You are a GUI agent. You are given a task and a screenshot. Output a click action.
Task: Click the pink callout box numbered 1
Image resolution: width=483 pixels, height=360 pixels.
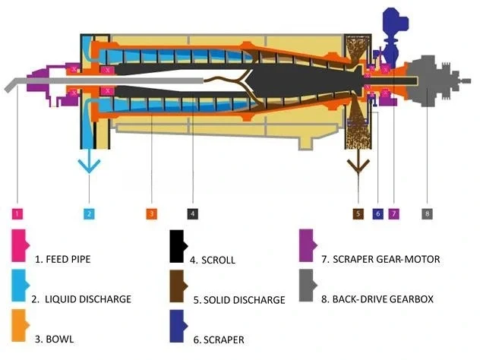pos(17,213)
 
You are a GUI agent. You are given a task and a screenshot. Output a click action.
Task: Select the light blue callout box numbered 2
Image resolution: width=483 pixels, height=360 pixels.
pos(89,213)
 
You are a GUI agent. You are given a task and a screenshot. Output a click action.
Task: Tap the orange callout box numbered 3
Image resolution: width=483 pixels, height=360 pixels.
pos(152,213)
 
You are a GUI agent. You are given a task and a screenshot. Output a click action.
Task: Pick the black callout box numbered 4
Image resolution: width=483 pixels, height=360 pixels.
pos(193,213)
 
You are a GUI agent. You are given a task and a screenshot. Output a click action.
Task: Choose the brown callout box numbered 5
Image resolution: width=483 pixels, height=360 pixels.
pos(358,213)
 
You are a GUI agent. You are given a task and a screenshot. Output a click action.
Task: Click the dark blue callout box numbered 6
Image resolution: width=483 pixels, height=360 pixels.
pos(378,213)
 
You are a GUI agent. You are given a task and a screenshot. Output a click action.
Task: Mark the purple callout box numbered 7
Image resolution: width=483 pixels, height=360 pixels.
pos(394,213)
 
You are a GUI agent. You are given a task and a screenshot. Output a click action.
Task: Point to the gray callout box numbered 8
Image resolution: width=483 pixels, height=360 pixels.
pos(427,213)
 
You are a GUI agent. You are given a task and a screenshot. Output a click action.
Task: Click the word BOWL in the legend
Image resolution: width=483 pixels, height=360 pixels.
pos(60,339)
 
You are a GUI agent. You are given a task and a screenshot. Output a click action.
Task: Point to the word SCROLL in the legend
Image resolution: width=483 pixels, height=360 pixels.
pos(219,261)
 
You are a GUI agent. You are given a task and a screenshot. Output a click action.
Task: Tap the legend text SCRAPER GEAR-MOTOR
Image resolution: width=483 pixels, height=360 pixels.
pos(387,259)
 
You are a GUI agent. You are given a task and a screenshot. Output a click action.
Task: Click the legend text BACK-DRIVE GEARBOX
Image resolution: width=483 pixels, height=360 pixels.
pos(383,299)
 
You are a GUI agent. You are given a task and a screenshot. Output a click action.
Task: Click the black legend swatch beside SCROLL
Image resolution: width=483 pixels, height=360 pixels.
pos(177,246)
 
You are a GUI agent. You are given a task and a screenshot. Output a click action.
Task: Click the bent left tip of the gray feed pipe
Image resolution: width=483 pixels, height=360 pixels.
pos(7,90)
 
